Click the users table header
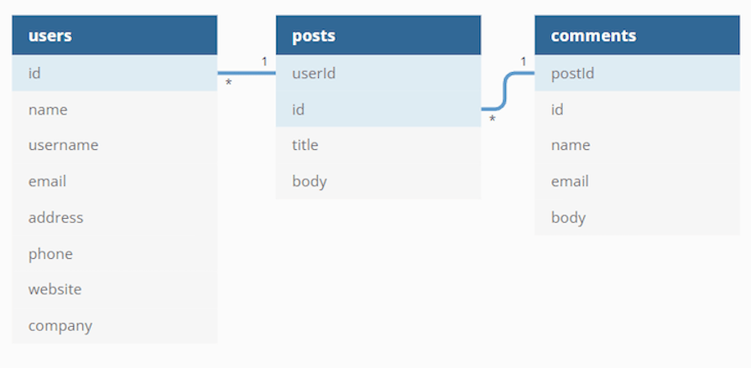[114, 35]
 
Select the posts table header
[378, 35]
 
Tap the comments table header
[638, 35]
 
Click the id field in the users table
[114, 73]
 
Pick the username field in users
[114, 145]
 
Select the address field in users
[114, 217]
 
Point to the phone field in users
[114, 254]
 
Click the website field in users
[114, 289]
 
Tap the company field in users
[114, 326]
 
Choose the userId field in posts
[378, 73]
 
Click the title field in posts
[378, 145]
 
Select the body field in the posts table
[378, 181]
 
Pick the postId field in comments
[638, 73]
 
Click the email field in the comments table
[638, 181]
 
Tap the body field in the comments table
[638, 217]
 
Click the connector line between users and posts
[247, 73]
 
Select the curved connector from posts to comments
[505, 91]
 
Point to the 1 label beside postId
[523, 61]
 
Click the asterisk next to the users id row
[228, 83]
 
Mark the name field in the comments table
[638, 145]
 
